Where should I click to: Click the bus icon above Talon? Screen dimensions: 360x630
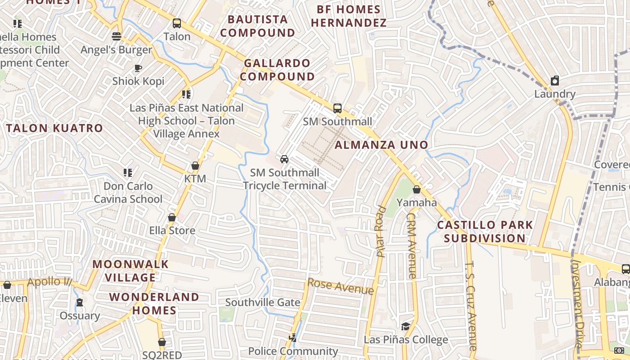tap(177, 23)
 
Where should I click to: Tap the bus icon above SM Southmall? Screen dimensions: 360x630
tap(337, 108)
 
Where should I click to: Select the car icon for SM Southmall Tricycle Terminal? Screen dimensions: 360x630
tap(284, 159)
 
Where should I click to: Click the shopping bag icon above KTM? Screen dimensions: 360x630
tap(195, 166)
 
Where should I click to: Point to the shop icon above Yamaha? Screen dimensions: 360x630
tap(417, 189)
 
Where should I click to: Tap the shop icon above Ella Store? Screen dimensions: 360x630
tap(172, 218)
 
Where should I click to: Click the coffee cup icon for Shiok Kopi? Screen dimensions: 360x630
tap(138, 68)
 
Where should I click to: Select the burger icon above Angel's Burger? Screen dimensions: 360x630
tap(117, 36)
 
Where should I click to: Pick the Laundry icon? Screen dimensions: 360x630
tap(555, 81)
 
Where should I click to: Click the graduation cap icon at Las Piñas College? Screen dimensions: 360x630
tap(406, 327)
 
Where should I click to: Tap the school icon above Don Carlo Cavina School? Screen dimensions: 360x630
tap(128, 173)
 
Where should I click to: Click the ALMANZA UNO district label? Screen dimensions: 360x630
tap(381, 145)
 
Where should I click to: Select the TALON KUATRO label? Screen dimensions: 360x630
tap(55, 128)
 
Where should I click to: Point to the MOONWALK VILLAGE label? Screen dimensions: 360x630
tap(130, 270)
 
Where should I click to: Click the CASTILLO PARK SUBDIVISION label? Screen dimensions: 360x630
tap(485, 231)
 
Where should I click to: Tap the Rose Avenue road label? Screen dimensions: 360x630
tap(340, 287)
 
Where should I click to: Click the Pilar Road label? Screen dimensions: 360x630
tap(382, 232)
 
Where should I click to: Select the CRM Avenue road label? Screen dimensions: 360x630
tap(412, 245)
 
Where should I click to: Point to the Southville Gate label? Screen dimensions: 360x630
tap(263, 302)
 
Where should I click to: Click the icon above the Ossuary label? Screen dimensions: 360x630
tap(80, 302)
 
